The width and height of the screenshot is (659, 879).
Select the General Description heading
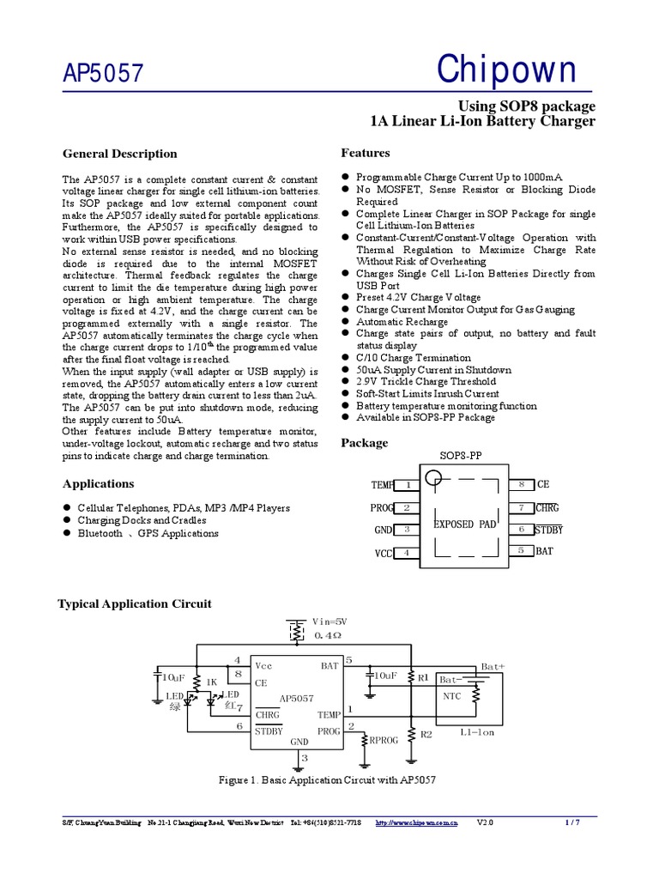coord(120,154)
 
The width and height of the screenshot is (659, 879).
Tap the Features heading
coord(366,153)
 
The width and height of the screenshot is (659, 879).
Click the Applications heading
coord(99,483)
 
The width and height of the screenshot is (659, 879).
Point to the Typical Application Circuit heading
coord(134,603)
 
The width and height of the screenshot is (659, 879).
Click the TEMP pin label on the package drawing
coord(382,485)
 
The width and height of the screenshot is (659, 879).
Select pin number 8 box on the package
coord(522,485)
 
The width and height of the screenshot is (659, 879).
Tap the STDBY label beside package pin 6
coord(549,530)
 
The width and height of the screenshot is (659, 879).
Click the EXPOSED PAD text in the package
coord(464,524)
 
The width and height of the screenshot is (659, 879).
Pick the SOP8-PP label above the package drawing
coord(462,456)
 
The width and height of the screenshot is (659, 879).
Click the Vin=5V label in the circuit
coord(329,621)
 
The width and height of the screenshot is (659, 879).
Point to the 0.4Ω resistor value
coord(328,635)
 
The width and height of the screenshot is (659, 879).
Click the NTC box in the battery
coord(452,695)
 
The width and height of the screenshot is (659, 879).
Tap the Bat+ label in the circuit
coord(493,666)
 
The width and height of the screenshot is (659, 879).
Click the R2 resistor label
coord(426,734)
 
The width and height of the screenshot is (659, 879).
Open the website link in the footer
coord(417,822)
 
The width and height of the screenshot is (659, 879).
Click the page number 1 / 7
coord(573,822)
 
